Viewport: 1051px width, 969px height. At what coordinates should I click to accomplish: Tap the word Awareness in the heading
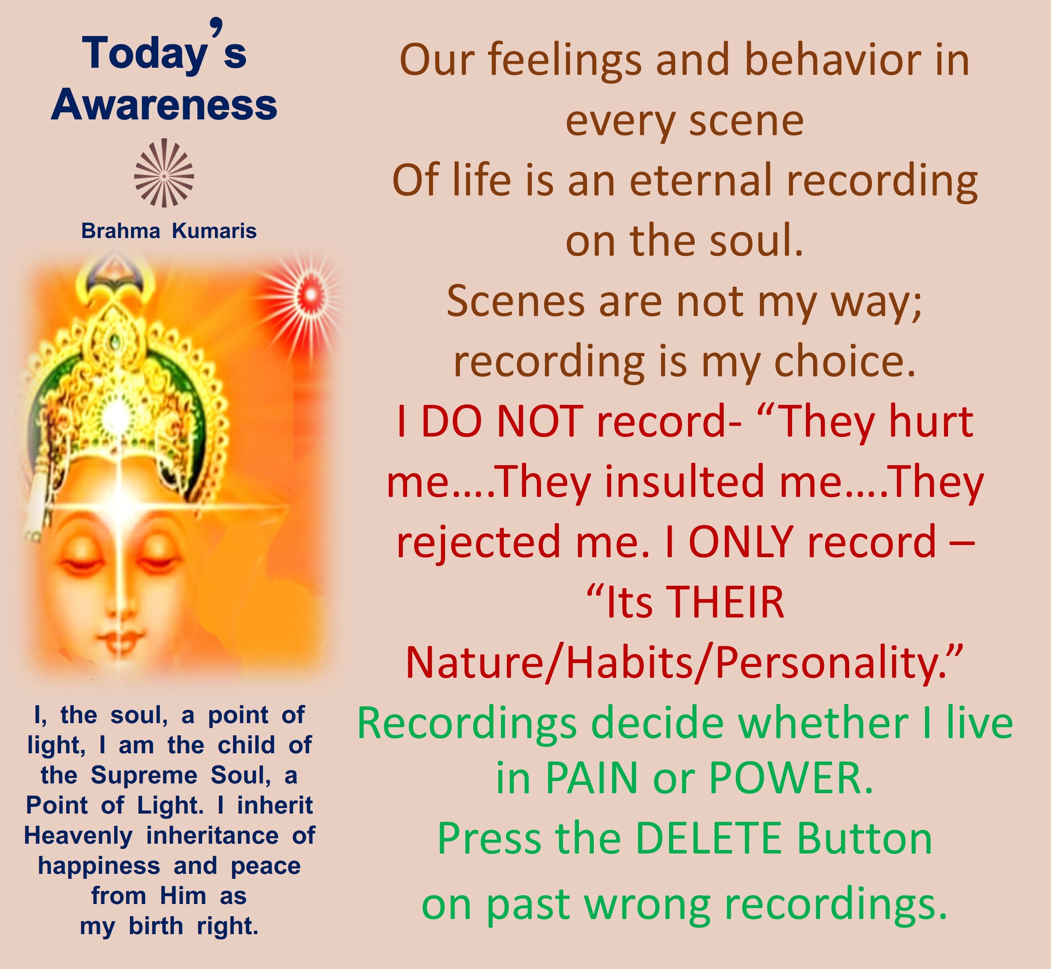point(164,105)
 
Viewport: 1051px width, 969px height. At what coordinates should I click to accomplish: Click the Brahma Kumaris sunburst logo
point(164,173)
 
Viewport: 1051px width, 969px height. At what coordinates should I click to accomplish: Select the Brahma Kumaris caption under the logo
point(169,231)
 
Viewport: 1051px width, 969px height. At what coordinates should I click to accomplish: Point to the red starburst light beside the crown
point(310,295)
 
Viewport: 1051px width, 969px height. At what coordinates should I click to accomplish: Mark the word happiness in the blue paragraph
point(99,866)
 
